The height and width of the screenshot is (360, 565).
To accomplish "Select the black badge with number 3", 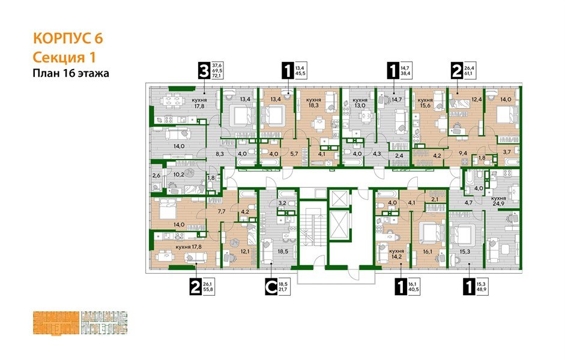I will [x=205, y=72].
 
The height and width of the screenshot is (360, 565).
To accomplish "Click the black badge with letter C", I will [x=271, y=289].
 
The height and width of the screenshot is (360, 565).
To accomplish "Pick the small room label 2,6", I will [x=156, y=175].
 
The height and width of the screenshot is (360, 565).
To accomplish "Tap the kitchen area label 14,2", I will [x=396, y=256].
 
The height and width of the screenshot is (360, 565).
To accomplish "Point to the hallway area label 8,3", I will [x=219, y=154].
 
